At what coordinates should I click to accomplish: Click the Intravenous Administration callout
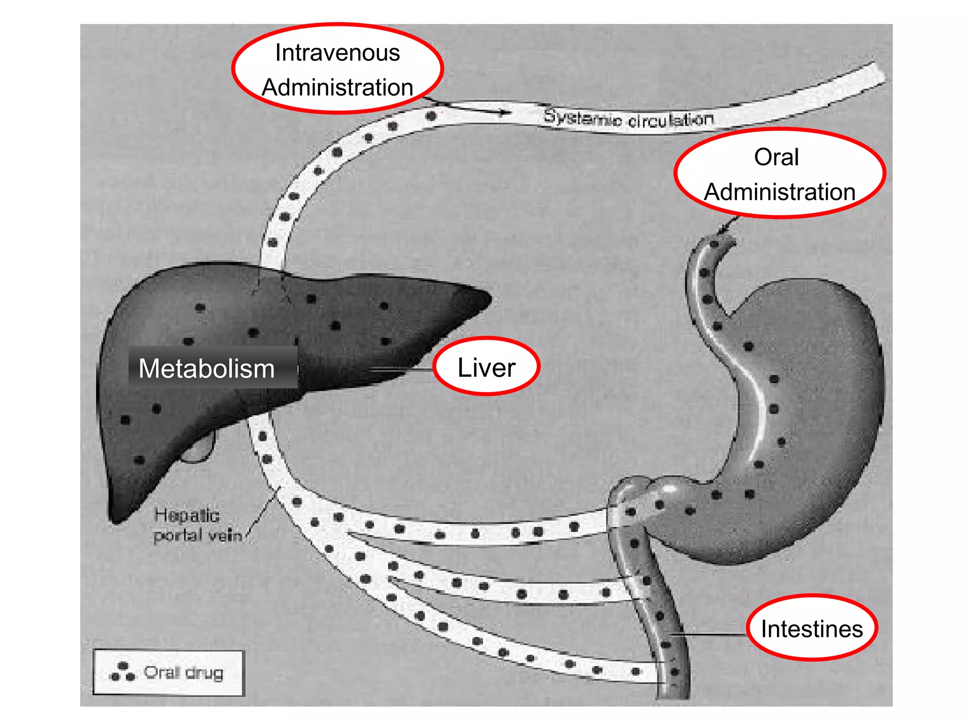(337, 69)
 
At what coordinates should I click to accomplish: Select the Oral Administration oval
(780, 174)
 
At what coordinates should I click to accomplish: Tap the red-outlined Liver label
(486, 367)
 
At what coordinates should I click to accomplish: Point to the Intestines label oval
(812, 628)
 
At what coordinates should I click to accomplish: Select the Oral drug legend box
(169, 673)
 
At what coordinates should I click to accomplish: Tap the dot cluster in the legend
(123, 672)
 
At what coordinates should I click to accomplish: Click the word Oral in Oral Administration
(776, 157)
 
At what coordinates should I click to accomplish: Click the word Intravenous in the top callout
(337, 52)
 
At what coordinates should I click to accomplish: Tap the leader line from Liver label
(401, 370)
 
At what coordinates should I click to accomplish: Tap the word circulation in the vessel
(671, 120)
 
